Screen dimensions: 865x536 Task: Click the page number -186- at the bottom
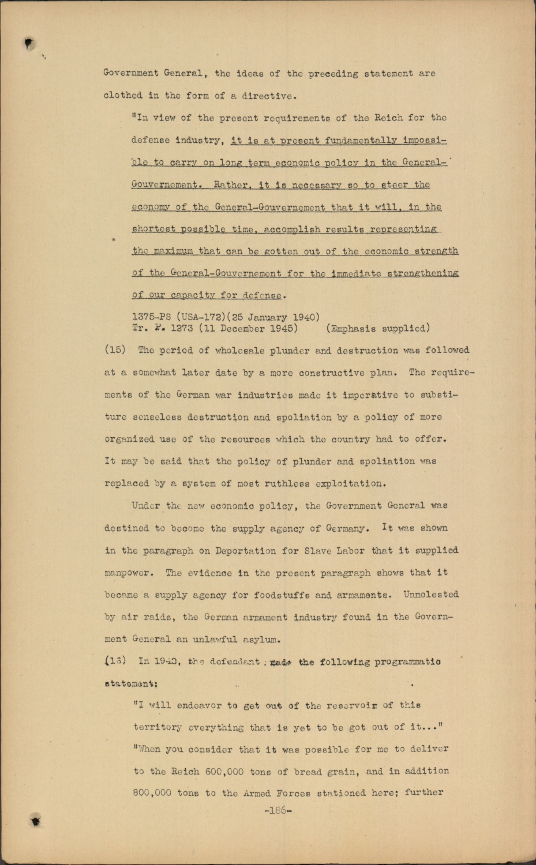coord(278,810)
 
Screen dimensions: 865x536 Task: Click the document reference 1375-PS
coord(152,317)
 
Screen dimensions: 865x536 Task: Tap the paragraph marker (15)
coord(115,351)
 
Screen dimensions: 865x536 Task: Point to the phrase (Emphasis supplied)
coord(378,329)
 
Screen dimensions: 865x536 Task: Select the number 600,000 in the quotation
coord(224,771)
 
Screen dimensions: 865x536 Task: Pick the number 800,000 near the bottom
coord(152,793)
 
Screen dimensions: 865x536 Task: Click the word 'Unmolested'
coord(431,595)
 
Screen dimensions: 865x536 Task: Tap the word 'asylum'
coord(262,639)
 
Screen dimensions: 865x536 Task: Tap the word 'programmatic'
coord(407,661)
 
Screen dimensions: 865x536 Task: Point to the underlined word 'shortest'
coord(153,230)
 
